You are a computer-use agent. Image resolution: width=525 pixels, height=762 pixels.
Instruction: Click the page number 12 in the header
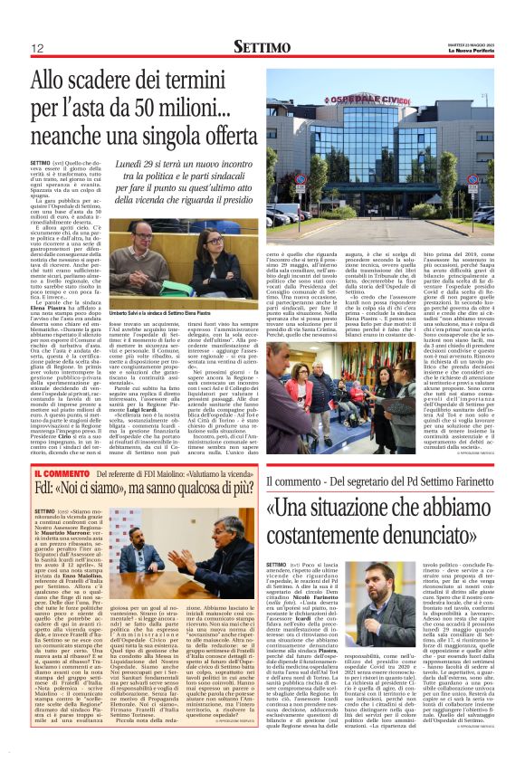coord(37,48)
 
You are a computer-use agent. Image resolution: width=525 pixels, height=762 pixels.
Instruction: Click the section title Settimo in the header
coord(262,46)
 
